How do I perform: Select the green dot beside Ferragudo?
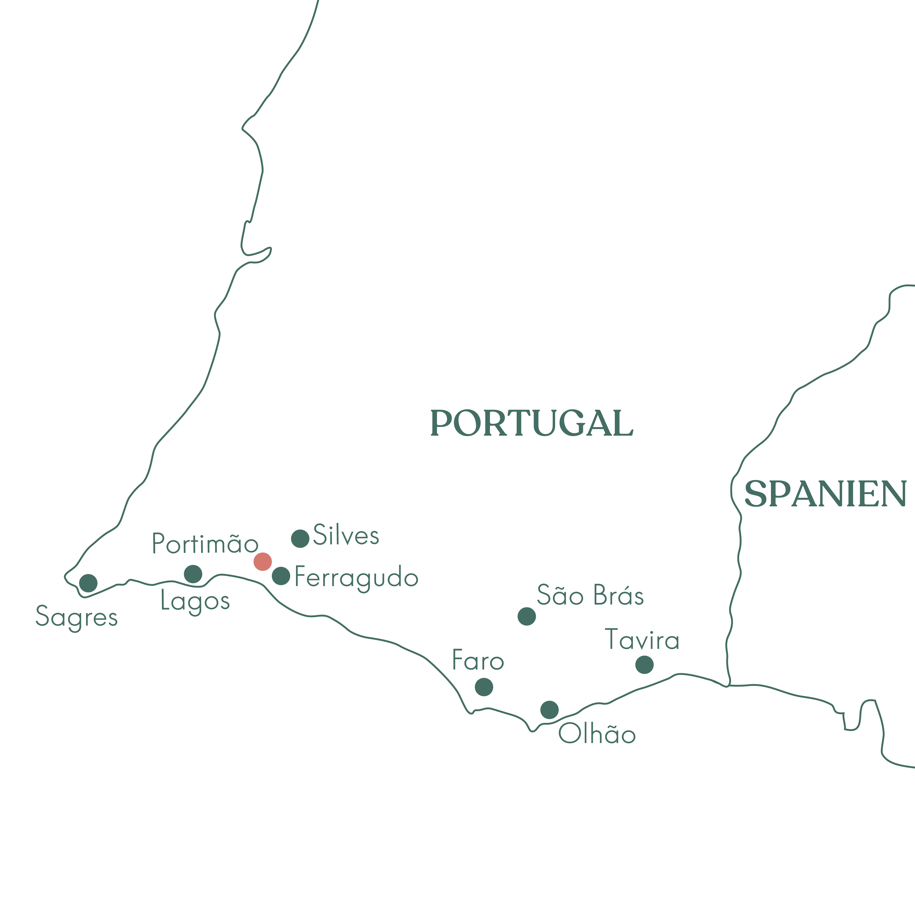(x=281, y=576)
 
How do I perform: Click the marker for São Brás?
(x=527, y=616)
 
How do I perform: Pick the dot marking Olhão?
(x=549, y=709)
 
